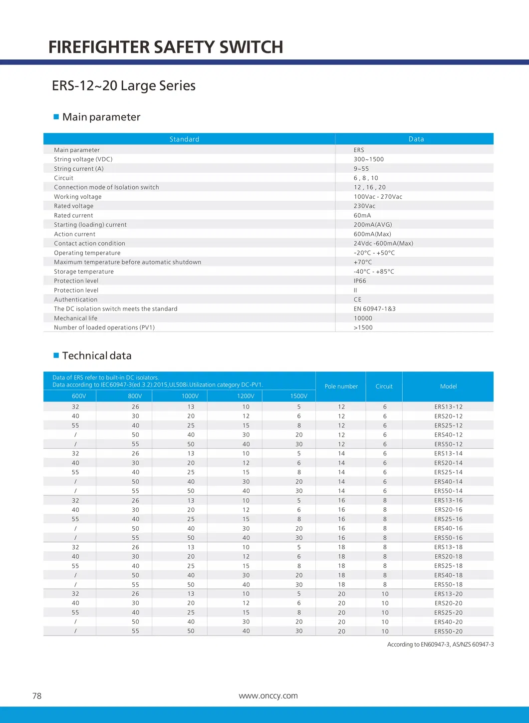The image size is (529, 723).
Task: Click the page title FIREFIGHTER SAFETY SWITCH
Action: pos(166,47)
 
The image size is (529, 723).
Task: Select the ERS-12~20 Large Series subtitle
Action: pos(124,85)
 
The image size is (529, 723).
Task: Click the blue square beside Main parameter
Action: pos(56,117)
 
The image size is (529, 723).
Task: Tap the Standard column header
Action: pos(184,139)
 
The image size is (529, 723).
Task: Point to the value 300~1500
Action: pos(369,159)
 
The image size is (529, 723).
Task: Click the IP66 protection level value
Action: pos(360,281)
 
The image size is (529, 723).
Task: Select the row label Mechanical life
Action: pos(76,318)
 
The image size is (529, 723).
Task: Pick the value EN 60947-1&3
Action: pos(375,309)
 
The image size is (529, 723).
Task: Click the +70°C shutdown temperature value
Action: pos(363,262)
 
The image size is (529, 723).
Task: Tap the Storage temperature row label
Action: pos(84,272)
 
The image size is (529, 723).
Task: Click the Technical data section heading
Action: pos(97,356)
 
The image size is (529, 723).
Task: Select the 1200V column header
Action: pos(246,396)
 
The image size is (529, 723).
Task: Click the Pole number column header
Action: pos(341,386)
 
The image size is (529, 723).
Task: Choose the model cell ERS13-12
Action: pos(448,407)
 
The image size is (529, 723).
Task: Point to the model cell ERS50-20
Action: pos(448,631)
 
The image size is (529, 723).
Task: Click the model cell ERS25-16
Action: pos(448,519)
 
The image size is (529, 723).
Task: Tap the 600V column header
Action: pos(79,396)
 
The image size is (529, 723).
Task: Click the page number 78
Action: pos(37,696)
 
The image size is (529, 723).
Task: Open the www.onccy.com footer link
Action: pos(268,696)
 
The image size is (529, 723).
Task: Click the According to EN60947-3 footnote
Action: pos(440,645)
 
